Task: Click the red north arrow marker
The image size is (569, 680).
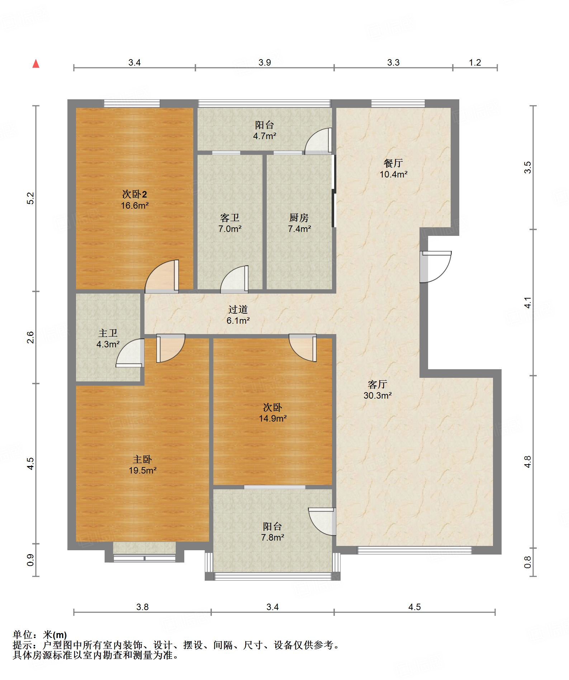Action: (36, 64)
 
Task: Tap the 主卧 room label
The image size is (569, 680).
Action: (142, 459)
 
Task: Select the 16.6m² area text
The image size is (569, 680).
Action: (134, 205)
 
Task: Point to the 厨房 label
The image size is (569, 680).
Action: (299, 218)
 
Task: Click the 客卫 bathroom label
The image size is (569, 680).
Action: (229, 218)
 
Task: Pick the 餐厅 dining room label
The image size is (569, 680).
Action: (393, 163)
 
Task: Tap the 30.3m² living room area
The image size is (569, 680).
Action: (378, 395)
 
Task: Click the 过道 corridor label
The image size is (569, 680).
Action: (238, 309)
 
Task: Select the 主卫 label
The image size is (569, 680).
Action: (108, 333)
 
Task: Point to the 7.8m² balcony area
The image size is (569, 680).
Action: (272, 537)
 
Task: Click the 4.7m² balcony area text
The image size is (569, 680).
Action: (265, 136)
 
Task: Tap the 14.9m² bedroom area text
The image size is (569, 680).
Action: (273, 418)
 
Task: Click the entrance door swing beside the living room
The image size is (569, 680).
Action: (435, 267)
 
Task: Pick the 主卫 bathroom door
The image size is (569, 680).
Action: (130, 353)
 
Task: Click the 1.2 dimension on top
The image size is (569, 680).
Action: (475, 63)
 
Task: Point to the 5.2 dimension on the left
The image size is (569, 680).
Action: (30, 198)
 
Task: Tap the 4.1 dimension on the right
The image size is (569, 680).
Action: (527, 303)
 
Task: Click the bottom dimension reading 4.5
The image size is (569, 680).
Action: (414, 607)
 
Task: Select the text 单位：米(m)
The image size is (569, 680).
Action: (40, 635)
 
